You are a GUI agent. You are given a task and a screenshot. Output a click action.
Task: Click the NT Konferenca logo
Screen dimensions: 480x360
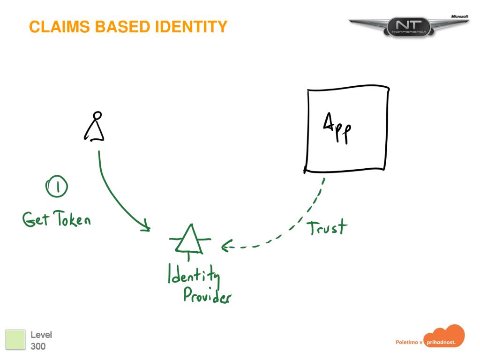click(x=408, y=27)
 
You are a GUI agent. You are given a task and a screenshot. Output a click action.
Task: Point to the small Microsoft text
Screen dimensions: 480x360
click(x=459, y=16)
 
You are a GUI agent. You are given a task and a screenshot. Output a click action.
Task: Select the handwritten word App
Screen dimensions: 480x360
click(x=338, y=127)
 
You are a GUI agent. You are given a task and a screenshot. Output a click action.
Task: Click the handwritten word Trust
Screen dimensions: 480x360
click(x=327, y=227)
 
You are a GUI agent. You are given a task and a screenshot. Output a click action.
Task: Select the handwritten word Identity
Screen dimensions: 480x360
click(x=194, y=274)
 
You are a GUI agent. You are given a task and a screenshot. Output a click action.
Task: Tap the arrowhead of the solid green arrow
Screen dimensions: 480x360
click(x=147, y=228)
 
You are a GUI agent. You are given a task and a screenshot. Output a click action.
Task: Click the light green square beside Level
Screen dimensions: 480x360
click(x=15, y=339)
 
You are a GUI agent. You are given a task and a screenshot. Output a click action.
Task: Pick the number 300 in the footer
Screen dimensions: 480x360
click(x=38, y=347)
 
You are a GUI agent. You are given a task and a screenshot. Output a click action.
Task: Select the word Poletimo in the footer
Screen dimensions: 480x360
click(x=406, y=343)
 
